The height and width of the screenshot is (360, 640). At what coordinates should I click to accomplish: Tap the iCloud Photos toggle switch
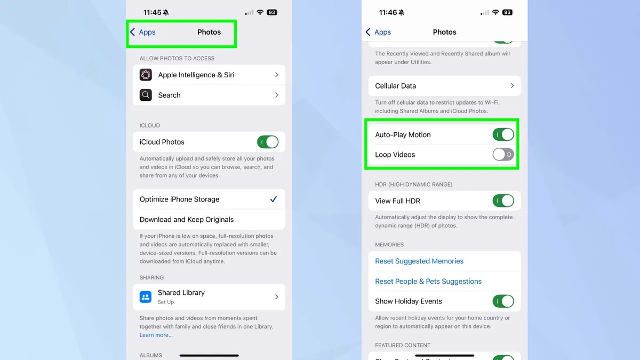click(268, 142)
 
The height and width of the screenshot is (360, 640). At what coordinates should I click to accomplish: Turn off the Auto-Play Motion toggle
click(503, 134)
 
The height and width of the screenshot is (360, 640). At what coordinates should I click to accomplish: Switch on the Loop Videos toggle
click(503, 155)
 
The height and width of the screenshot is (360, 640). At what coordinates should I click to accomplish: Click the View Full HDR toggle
click(503, 201)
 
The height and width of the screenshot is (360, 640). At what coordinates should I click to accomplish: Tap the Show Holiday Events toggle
click(503, 301)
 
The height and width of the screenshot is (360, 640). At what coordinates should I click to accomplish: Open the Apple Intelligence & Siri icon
click(146, 75)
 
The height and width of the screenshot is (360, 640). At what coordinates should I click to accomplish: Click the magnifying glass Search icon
click(146, 95)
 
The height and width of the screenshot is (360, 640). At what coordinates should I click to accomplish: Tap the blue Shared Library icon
click(146, 297)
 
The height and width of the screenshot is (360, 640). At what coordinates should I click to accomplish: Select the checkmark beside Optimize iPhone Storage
click(274, 199)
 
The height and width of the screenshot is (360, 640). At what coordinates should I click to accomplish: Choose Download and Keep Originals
click(187, 219)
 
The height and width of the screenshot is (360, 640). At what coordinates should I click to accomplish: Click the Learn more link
click(156, 335)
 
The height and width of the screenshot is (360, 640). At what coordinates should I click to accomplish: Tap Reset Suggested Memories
click(419, 261)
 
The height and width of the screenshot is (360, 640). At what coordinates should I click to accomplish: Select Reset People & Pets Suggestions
click(428, 281)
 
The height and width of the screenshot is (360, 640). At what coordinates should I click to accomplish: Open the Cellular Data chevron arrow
click(513, 86)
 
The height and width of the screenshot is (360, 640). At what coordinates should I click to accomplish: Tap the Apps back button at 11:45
click(143, 32)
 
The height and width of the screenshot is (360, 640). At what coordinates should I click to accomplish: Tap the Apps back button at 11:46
click(378, 32)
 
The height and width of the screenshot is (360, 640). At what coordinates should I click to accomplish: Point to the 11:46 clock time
click(388, 13)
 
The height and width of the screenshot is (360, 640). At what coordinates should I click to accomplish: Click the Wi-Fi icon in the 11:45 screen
click(260, 12)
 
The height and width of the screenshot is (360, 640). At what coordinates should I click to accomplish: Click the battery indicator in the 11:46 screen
click(508, 12)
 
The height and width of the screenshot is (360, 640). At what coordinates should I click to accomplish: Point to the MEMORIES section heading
click(389, 245)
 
